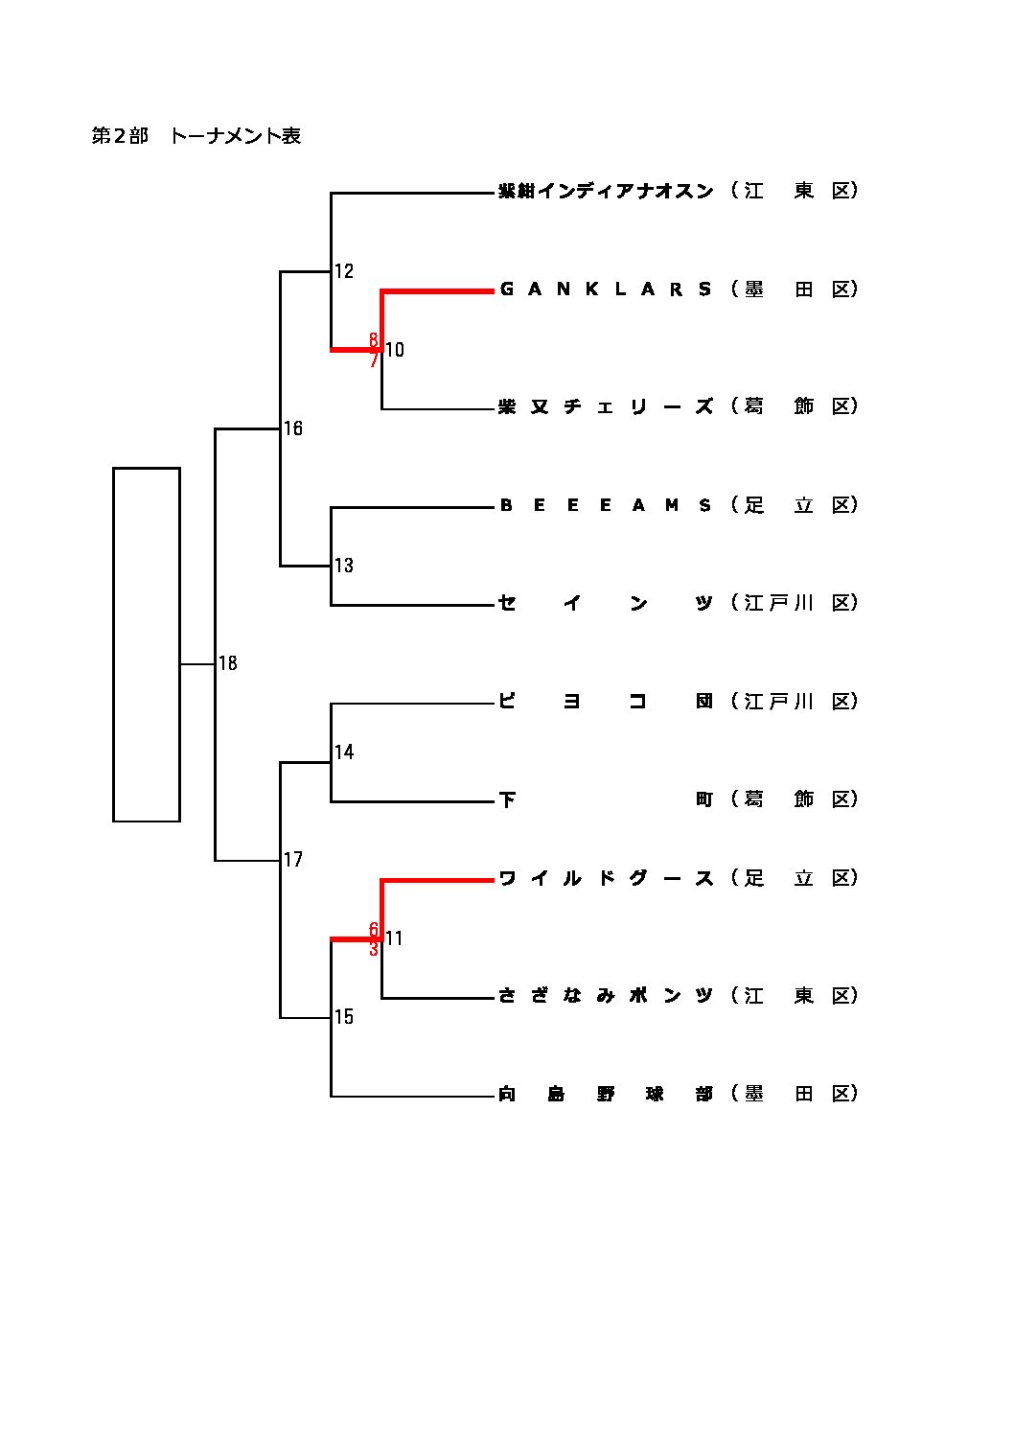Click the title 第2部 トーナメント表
[196, 136]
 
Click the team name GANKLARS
[606, 289]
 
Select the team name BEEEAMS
[606, 505]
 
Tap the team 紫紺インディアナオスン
[606, 191]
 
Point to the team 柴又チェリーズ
[606, 406]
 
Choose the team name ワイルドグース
[606, 878]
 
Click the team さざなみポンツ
[606, 996]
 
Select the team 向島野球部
[606, 1094]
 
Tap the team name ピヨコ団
[606, 702]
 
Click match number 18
[228, 663]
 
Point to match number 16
[293, 428]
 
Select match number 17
[293, 860]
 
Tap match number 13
[344, 566]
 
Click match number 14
[344, 752]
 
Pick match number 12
[344, 271]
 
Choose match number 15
[344, 1017]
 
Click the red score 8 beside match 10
[374, 339]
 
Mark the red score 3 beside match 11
[374, 950]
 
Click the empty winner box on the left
[147, 644]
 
